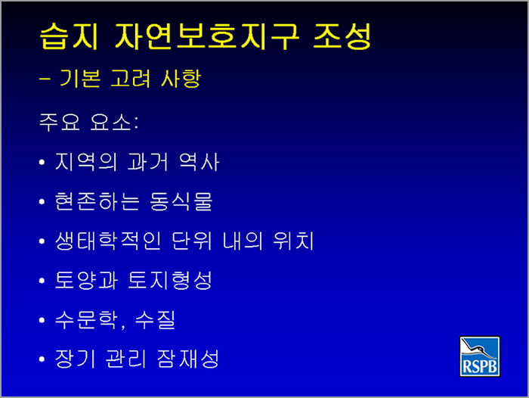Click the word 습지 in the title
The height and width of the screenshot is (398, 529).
pos(69,36)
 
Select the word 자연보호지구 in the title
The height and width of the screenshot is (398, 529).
pos(207,36)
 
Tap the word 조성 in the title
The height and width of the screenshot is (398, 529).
pos(342,36)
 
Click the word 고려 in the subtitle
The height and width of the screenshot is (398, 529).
pos(130,79)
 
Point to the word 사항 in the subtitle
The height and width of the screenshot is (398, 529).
pos(181,79)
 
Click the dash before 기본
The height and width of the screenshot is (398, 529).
pos(45,79)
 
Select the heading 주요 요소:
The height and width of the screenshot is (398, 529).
pos(88,122)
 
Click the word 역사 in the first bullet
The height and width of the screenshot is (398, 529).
pos(199,162)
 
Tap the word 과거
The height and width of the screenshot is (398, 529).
pos(148,162)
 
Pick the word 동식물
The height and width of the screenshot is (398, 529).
pos(181,201)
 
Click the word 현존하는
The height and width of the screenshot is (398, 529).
pos(97,201)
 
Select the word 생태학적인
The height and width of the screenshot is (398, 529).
pos(108,241)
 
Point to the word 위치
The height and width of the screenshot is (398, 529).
pos(293,241)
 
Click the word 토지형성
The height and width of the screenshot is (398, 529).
pos(170,281)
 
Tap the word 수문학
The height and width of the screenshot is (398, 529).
pos(87,320)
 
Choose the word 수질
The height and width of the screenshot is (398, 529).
pos(155,320)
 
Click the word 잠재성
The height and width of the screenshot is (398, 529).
pos(188,359)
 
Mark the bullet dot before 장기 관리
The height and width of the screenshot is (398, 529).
pos(42,359)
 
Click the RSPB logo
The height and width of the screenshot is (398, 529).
pos(479,356)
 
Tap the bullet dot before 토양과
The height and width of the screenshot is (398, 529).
pos(42,281)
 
